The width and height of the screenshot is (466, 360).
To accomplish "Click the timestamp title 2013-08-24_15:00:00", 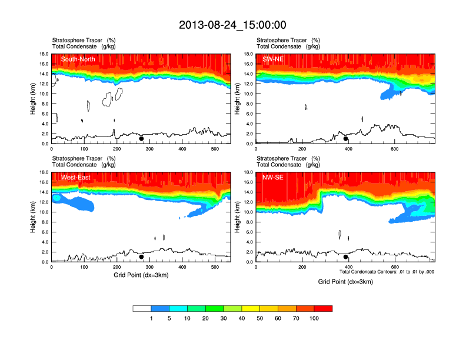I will pos(232,25).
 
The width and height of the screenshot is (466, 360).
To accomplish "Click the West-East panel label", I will pos(75,177).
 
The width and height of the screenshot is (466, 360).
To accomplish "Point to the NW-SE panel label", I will pos(272,177).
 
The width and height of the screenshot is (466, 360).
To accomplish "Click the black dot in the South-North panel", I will pos(141,139).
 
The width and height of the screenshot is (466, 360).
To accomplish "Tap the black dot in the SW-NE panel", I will pos(346,139).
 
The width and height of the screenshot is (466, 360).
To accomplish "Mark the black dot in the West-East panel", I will pos(141,257).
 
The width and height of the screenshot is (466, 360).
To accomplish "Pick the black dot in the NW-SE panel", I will pos(346,257).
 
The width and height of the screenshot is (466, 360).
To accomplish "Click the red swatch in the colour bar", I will pos(323,308).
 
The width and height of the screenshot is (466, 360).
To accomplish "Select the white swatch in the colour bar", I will pos(142,308).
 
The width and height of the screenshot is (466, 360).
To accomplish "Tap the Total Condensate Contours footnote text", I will pos(387,272).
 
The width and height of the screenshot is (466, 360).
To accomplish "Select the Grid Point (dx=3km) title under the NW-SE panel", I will pos(345,282).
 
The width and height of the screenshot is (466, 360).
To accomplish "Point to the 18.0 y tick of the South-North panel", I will pos(43,54).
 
